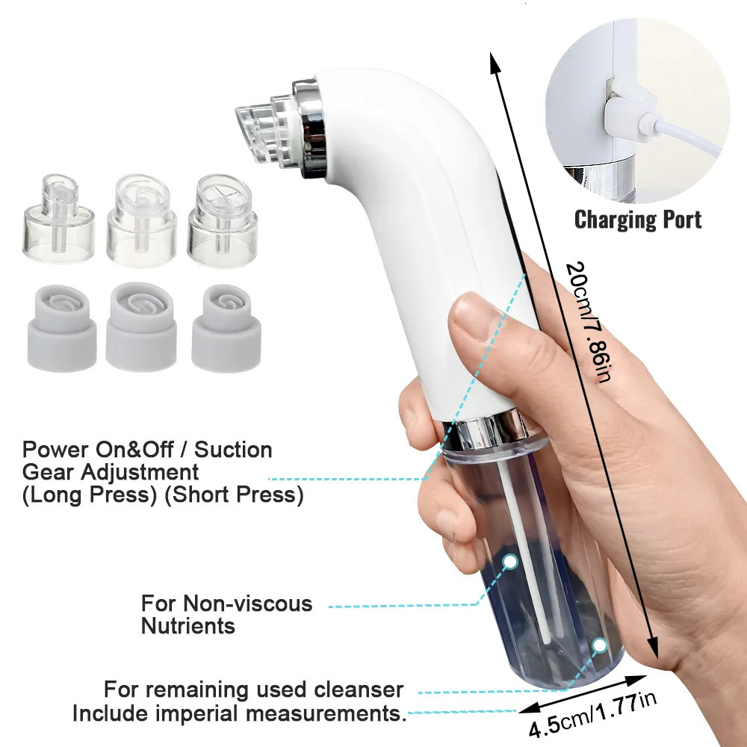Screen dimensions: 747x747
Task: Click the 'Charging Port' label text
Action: tap(637, 220)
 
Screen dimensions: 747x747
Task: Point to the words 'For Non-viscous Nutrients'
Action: tap(227, 613)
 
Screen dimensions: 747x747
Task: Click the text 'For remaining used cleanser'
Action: tap(254, 689)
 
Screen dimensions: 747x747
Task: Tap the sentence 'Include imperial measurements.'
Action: tap(239, 713)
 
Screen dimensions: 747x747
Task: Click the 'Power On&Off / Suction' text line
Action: tap(147, 450)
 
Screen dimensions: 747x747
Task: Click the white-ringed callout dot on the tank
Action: tap(510, 560)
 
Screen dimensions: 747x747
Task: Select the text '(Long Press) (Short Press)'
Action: tap(163, 495)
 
